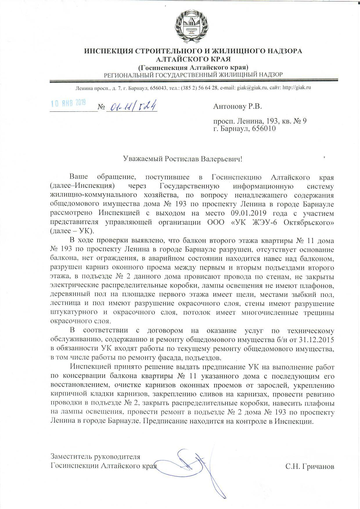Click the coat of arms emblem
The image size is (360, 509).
[x=193, y=26]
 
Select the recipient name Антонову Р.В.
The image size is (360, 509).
[x=237, y=107]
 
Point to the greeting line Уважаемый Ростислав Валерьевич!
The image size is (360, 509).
[x=182, y=159]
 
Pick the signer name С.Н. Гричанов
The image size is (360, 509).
[x=310, y=466]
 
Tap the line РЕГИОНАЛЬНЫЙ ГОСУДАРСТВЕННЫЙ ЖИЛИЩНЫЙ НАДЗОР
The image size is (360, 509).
[x=193, y=75]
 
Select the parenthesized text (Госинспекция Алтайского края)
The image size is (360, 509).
[x=193, y=67]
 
